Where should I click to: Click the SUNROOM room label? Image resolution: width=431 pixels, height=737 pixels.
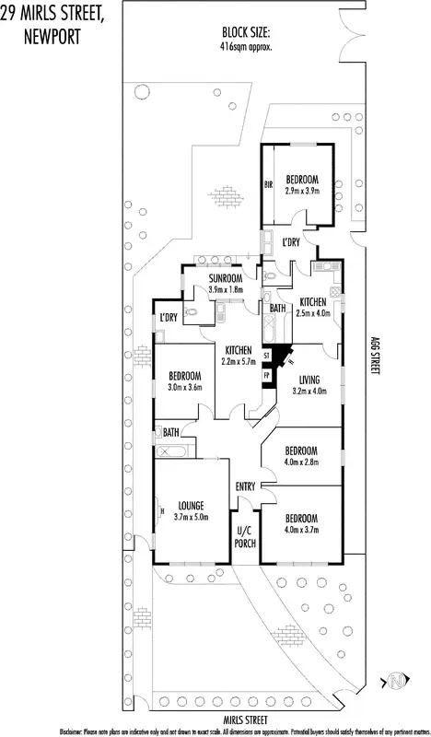click(x=225, y=278)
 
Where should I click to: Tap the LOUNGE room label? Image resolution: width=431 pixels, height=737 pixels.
click(x=191, y=504)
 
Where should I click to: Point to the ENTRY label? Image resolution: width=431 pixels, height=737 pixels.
click(x=245, y=486)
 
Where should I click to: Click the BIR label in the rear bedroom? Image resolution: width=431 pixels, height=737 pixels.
click(x=269, y=184)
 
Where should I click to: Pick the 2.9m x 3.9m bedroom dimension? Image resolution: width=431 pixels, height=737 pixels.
click(x=302, y=190)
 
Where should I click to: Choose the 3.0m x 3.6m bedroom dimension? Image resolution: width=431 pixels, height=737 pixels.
click(x=185, y=388)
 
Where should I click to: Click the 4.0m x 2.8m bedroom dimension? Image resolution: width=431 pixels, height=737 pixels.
click(x=301, y=462)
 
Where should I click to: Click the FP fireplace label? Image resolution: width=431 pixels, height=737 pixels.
click(x=267, y=376)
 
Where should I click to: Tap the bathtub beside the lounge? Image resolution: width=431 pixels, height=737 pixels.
click(x=171, y=450)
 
